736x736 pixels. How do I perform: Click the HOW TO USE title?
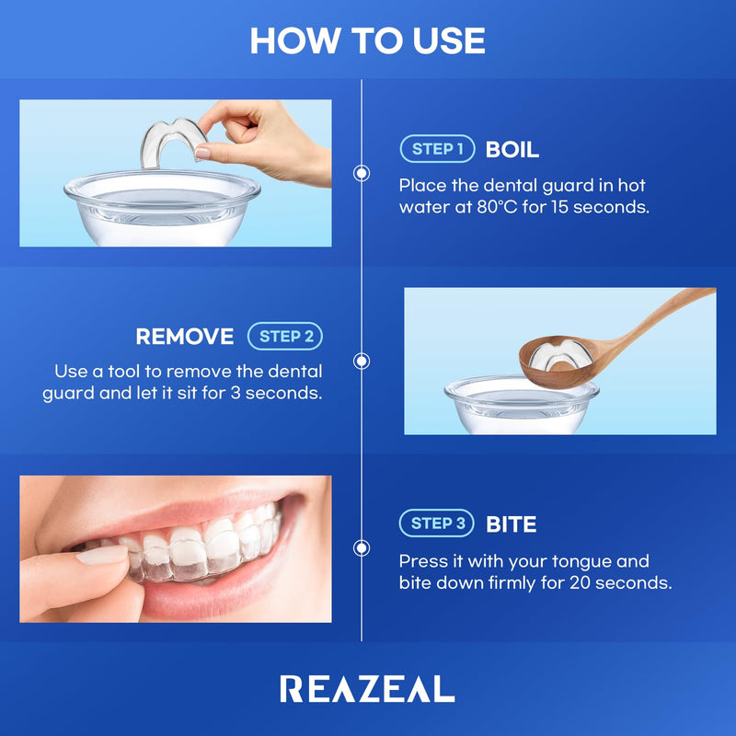(x=367, y=40)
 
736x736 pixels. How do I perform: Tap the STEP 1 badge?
(x=437, y=149)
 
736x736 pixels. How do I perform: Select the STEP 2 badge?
(x=285, y=337)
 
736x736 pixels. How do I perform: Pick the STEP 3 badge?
(x=437, y=523)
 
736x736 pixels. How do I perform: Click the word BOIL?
(x=512, y=149)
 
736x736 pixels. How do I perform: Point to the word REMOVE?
(x=185, y=337)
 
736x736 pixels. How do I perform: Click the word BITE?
(x=511, y=524)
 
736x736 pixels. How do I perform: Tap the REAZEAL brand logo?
(x=367, y=688)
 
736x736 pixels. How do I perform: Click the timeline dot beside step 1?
(x=362, y=173)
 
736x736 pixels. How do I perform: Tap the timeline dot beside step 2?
(x=362, y=361)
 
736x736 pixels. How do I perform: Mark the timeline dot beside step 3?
(x=362, y=547)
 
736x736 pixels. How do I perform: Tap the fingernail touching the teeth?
(x=101, y=555)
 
